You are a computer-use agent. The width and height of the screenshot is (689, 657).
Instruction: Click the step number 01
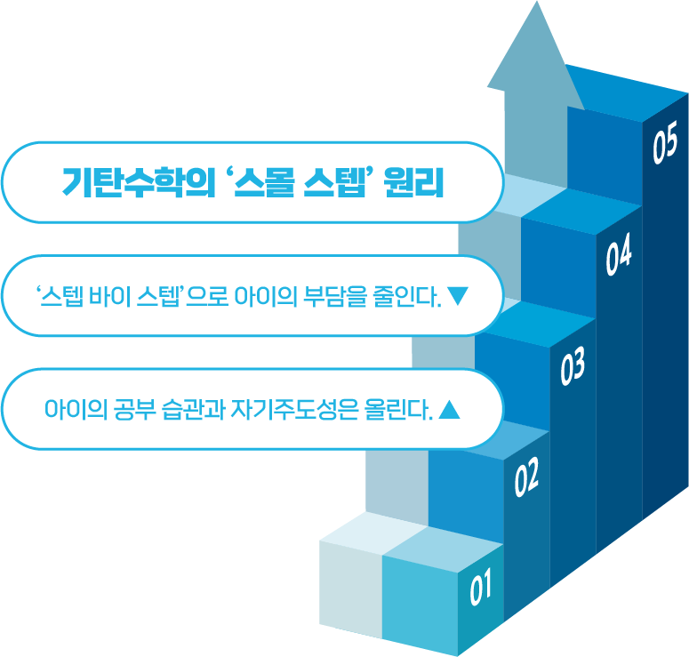tap(480, 588)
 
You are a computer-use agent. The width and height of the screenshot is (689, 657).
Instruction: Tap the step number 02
tap(527, 478)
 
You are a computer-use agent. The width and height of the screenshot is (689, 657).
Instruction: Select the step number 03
tap(573, 367)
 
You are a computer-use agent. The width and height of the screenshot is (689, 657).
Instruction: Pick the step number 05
tap(664, 145)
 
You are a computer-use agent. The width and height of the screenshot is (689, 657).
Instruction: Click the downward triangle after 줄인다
tap(459, 295)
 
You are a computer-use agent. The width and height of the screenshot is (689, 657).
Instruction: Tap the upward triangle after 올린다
tap(450, 410)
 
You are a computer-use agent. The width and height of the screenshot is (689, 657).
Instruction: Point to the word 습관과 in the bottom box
tap(195, 411)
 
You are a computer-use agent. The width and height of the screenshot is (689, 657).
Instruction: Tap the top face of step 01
tap(411, 540)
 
